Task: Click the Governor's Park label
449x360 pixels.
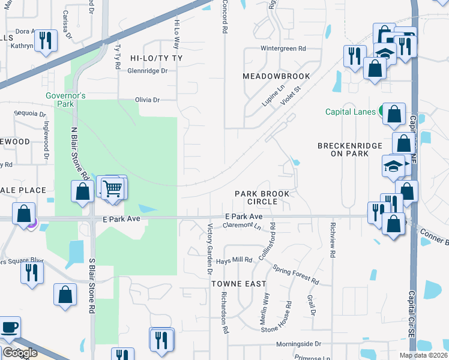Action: (x=66, y=100)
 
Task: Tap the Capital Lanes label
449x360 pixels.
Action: (x=350, y=112)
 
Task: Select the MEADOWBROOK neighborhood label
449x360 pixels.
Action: (x=276, y=76)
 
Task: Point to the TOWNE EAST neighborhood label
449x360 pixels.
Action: (x=234, y=283)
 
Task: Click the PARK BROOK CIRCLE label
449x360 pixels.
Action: (x=262, y=197)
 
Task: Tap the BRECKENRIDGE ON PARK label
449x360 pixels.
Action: (x=342, y=149)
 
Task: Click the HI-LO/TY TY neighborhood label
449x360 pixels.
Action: (x=156, y=58)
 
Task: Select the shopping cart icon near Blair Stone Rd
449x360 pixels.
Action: (x=112, y=188)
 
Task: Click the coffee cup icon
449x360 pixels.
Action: (x=10, y=328)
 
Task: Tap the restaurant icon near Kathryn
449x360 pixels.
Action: (x=46, y=40)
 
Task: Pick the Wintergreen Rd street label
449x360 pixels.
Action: (x=283, y=49)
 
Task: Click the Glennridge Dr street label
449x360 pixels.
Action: (x=147, y=70)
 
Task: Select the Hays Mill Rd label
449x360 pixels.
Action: (x=234, y=260)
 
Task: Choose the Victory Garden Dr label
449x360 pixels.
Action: (x=210, y=249)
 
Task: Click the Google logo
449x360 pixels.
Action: (x=19, y=353)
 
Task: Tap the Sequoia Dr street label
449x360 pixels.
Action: (x=31, y=113)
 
